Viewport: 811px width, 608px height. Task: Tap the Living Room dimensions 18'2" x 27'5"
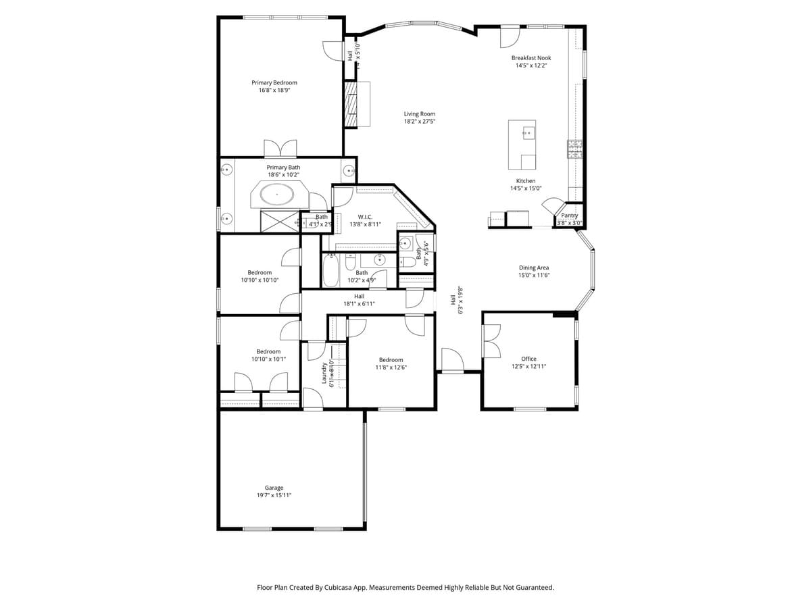coord(419,122)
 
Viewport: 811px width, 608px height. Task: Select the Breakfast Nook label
coord(531,58)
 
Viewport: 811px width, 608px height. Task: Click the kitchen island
coord(522,145)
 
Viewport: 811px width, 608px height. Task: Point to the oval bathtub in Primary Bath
coord(278,196)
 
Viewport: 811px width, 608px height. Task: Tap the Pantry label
coord(569,216)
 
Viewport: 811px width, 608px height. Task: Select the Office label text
coord(529,359)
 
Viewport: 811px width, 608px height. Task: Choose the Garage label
coord(274,488)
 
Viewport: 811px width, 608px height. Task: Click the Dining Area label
coord(533,268)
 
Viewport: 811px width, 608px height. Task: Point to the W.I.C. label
coord(365,217)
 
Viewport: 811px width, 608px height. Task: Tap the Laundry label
coord(324,374)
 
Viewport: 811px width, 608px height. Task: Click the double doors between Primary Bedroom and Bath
coord(280,149)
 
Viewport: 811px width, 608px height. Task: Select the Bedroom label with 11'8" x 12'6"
coord(391,360)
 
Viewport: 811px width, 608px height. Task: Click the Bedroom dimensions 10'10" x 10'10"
coord(260,280)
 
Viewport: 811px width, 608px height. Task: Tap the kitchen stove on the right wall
coord(574,149)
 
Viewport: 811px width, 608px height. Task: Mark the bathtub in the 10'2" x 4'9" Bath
coord(330,270)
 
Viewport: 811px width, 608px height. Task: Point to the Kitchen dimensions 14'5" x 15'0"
coord(526,188)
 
